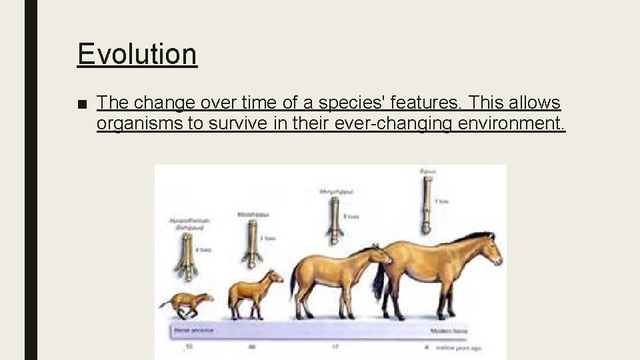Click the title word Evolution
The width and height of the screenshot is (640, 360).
[137, 54]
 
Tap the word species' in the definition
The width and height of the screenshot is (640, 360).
[359, 103]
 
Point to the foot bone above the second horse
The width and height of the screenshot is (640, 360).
[251, 241]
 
